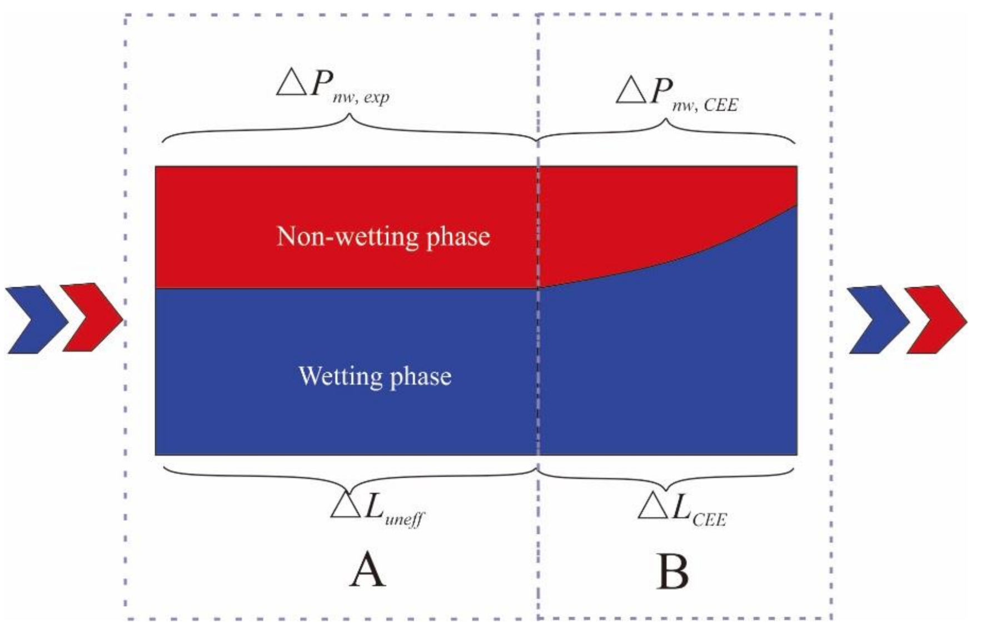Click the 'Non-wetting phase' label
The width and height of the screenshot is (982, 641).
point(383,237)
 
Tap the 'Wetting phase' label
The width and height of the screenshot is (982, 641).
point(375,376)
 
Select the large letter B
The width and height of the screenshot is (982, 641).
point(672,572)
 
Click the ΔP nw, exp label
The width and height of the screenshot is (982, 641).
point(332,88)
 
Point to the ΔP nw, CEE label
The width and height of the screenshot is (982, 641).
point(677,93)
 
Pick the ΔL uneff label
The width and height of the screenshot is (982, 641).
point(377,509)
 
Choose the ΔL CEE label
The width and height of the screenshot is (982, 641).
point(682,509)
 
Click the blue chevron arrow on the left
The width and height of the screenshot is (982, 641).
point(34,319)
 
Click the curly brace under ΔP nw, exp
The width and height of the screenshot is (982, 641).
point(349,128)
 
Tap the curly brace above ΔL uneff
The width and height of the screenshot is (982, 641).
point(349,478)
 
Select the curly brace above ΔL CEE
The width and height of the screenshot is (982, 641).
point(666,478)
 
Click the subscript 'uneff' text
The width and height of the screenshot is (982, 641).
point(404,519)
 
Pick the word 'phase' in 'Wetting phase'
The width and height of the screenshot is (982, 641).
point(421,378)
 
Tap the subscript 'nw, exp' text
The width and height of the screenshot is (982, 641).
point(361,98)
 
